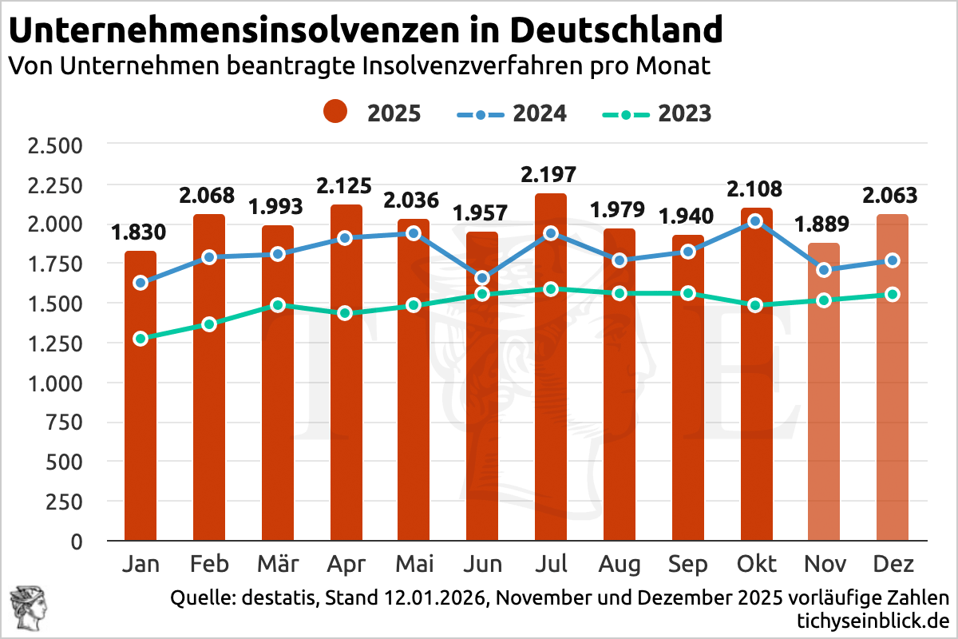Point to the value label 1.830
tap(139, 232)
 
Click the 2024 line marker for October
tap(756, 221)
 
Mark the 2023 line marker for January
tap(141, 339)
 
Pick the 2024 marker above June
tap(482, 278)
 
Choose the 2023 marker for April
tap(346, 313)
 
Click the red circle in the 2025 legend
tap(335, 113)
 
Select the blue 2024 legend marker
tap(480, 113)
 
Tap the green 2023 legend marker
tap(625, 113)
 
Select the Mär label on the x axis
tap(278, 564)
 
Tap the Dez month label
tap(893, 564)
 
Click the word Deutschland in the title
tap(616, 30)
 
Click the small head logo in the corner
tap(24, 606)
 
